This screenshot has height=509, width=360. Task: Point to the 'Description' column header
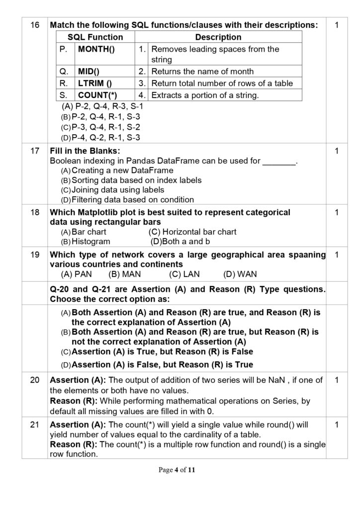[218, 37]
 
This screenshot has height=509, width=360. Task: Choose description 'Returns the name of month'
[202, 71]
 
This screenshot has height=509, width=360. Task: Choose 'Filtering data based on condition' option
[133, 200]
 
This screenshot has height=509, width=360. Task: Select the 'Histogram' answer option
[90, 242]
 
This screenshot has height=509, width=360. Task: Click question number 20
[35, 380]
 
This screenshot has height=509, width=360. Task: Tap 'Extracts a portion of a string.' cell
[205, 95]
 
